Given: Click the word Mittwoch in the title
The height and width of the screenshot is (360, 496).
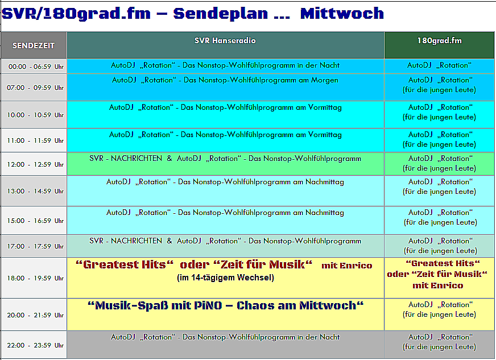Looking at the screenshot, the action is pyautogui.click(x=342, y=13).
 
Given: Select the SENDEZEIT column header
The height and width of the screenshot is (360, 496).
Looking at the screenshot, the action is pyautogui.click(x=34, y=45).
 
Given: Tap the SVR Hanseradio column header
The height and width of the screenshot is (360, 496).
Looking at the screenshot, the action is pyautogui.click(x=225, y=40).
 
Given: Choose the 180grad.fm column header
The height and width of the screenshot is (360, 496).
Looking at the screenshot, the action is pyautogui.click(x=439, y=40).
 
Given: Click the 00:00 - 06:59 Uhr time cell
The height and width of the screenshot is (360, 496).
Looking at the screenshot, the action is pyautogui.click(x=36, y=67).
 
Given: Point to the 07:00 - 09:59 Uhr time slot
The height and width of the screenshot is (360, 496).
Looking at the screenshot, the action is pyautogui.click(x=35, y=88).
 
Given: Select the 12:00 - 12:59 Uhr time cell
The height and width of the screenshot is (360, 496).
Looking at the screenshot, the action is pyautogui.click(x=35, y=164).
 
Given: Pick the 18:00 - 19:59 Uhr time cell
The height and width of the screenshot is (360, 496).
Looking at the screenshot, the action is pyautogui.click(x=35, y=278).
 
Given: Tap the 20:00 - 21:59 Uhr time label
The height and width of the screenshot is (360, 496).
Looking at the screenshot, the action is pyautogui.click(x=35, y=316).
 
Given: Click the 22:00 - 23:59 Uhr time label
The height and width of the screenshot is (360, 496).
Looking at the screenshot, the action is pyautogui.click(x=35, y=345).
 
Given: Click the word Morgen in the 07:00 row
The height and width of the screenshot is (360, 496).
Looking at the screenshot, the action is pyautogui.click(x=325, y=80).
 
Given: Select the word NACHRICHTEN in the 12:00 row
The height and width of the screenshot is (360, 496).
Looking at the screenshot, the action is pyautogui.click(x=137, y=159).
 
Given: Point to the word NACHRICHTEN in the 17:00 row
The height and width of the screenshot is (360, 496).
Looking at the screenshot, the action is pyautogui.click(x=137, y=241).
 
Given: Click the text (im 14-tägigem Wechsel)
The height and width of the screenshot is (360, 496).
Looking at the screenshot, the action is pyautogui.click(x=225, y=278).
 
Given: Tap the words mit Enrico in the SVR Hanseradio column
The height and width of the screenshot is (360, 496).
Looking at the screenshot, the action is pyautogui.click(x=347, y=266).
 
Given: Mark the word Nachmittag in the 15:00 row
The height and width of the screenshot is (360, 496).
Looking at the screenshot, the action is pyautogui.click(x=325, y=213).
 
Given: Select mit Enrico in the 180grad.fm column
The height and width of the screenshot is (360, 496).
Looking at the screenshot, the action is pyautogui.click(x=438, y=285).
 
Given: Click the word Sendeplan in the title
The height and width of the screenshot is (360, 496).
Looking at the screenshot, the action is pyautogui.click(x=221, y=14).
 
